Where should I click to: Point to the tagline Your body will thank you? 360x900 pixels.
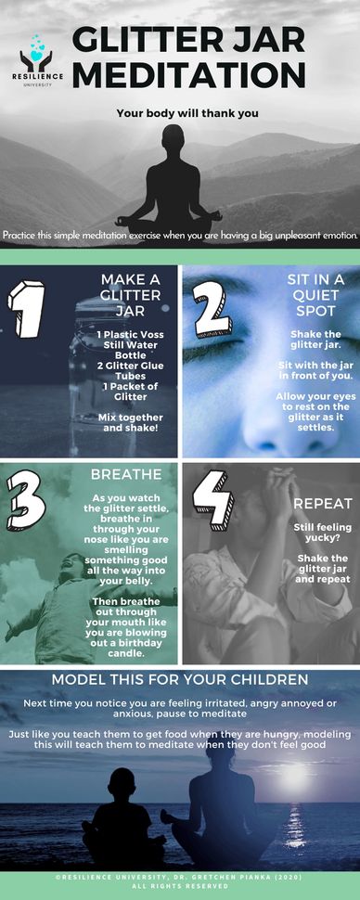point(187,113)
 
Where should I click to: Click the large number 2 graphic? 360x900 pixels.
point(212,309)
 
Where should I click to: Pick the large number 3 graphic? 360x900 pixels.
point(26,499)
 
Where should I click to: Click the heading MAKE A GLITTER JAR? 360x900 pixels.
point(131,295)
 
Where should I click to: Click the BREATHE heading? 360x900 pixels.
point(126,475)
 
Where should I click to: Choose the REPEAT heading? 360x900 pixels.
point(323,504)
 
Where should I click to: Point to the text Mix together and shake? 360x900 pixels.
point(130,422)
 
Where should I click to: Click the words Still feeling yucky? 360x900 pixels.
point(322,534)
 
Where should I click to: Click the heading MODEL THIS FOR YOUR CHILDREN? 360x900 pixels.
point(180,679)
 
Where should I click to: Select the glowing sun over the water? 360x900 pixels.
point(294,776)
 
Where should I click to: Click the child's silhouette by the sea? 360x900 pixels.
point(122,815)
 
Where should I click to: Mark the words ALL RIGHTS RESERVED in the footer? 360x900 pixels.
point(180,887)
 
